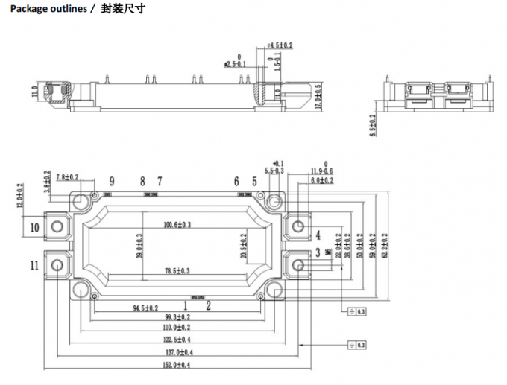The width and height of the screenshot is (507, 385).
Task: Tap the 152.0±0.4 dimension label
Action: pyautogui.click(x=175, y=365)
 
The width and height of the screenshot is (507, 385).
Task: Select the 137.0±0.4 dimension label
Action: pyautogui.click(x=175, y=351)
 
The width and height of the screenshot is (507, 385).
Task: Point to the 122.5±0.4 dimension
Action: pyautogui.click(x=175, y=339)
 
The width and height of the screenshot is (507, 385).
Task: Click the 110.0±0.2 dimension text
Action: pyautogui.click(x=175, y=327)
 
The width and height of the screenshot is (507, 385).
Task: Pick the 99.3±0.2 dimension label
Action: pyautogui.click(x=175, y=316)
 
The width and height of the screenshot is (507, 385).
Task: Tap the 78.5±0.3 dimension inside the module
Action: pyautogui.click(x=177, y=270)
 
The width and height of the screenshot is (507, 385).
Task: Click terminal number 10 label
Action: pyautogui.click(x=35, y=227)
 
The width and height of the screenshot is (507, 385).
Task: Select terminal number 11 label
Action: pyautogui.click(x=35, y=265)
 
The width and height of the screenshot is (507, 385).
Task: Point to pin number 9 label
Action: pyautogui.click(x=112, y=181)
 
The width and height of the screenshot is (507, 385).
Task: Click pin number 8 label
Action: pyautogui.click(x=142, y=181)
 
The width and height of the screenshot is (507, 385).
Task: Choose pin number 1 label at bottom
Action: pyautogui.click(x=186, y=305)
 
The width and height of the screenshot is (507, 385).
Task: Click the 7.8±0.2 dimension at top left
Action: pyautogui.click(x=67, y=176)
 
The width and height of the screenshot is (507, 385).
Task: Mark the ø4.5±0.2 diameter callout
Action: pyautogui.click(x=280, y=45)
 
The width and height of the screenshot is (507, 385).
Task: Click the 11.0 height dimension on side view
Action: pyautogui.click(x=34, y=92)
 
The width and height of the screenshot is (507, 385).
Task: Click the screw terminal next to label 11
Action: pyautogui.click(x=57, y=264)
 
